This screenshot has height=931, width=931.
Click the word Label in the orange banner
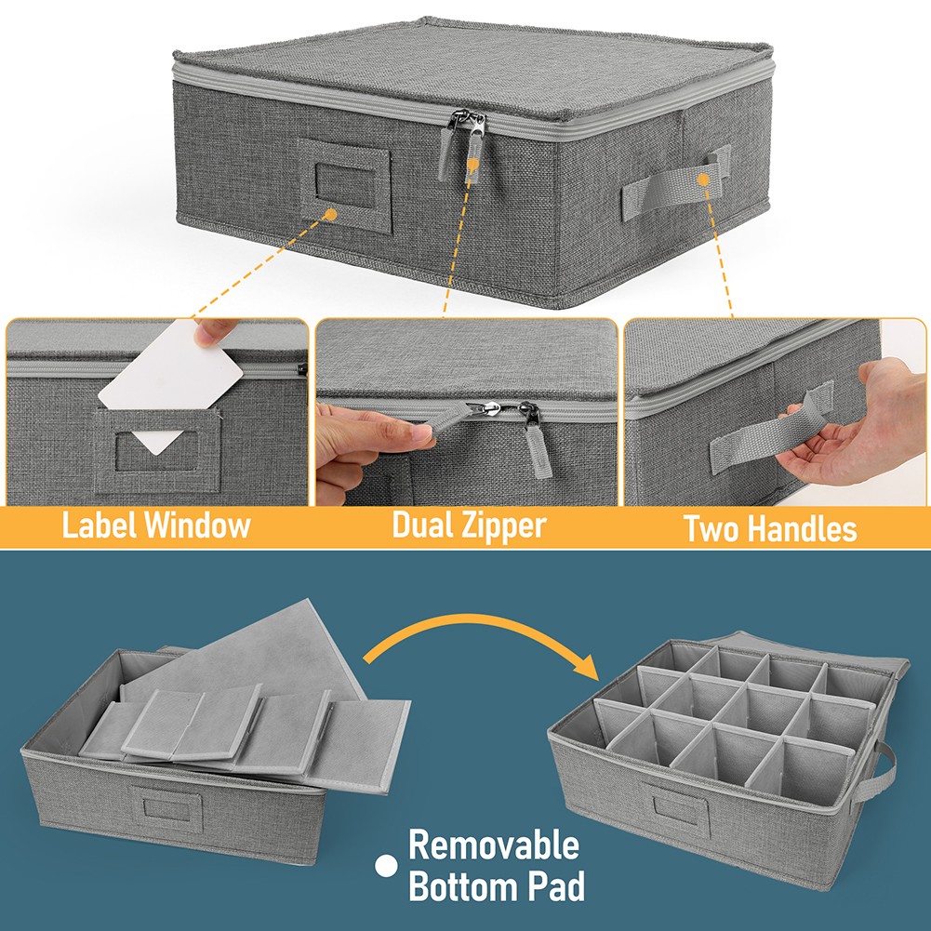[100, 525]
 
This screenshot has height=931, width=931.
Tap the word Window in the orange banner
[198, 525]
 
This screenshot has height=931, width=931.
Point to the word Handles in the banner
[802, 528]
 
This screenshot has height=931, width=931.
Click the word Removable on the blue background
[494, 845]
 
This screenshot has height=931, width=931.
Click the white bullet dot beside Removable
[386, 866]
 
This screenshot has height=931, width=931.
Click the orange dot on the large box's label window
[331, 215]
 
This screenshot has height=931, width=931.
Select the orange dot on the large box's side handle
[703, 180]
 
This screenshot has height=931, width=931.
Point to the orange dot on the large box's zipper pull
[472, 164]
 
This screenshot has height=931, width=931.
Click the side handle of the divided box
[876, 772]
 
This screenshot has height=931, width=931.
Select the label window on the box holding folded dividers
[166, 808]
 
